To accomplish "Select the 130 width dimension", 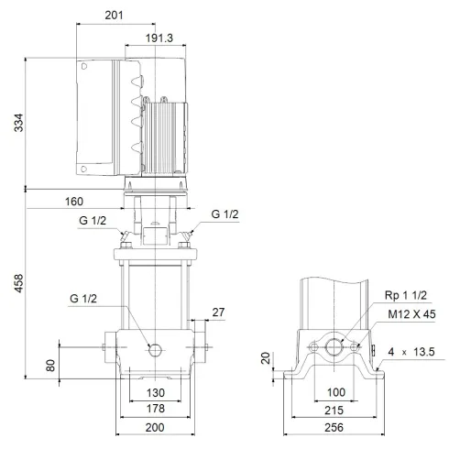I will [x=153, y=393].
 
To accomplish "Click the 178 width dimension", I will [x=153, y=408].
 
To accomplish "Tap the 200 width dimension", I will [x=153, y=428].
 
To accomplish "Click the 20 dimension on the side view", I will [x=267, y=358].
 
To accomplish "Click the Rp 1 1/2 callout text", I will [x=404, y=295].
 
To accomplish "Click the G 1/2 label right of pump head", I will [x=224, y=214].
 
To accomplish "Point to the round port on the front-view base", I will [x=155, y=349].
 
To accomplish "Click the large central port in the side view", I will [x=334, y=348].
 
